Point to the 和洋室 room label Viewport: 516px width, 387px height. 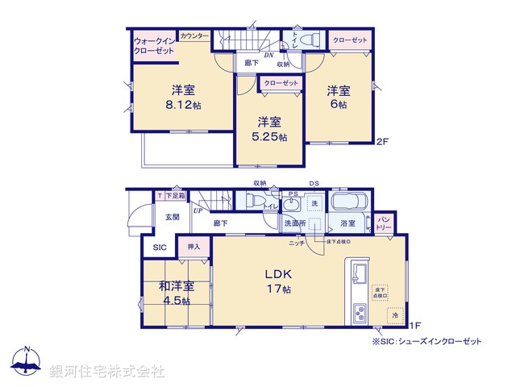[x=175, y=285]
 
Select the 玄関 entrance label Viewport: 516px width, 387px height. [x=173, y=217]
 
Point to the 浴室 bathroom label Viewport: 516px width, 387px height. [x=347, y=223]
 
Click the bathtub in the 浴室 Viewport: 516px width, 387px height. [x=349, y=202]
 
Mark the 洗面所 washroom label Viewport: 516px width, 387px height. [x=293, y=223]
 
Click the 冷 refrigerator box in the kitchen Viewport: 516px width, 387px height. [x=394, y=315]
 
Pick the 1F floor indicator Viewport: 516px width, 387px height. [x=414, y=325]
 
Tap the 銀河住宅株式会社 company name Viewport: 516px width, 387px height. [x=107, y=371]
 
